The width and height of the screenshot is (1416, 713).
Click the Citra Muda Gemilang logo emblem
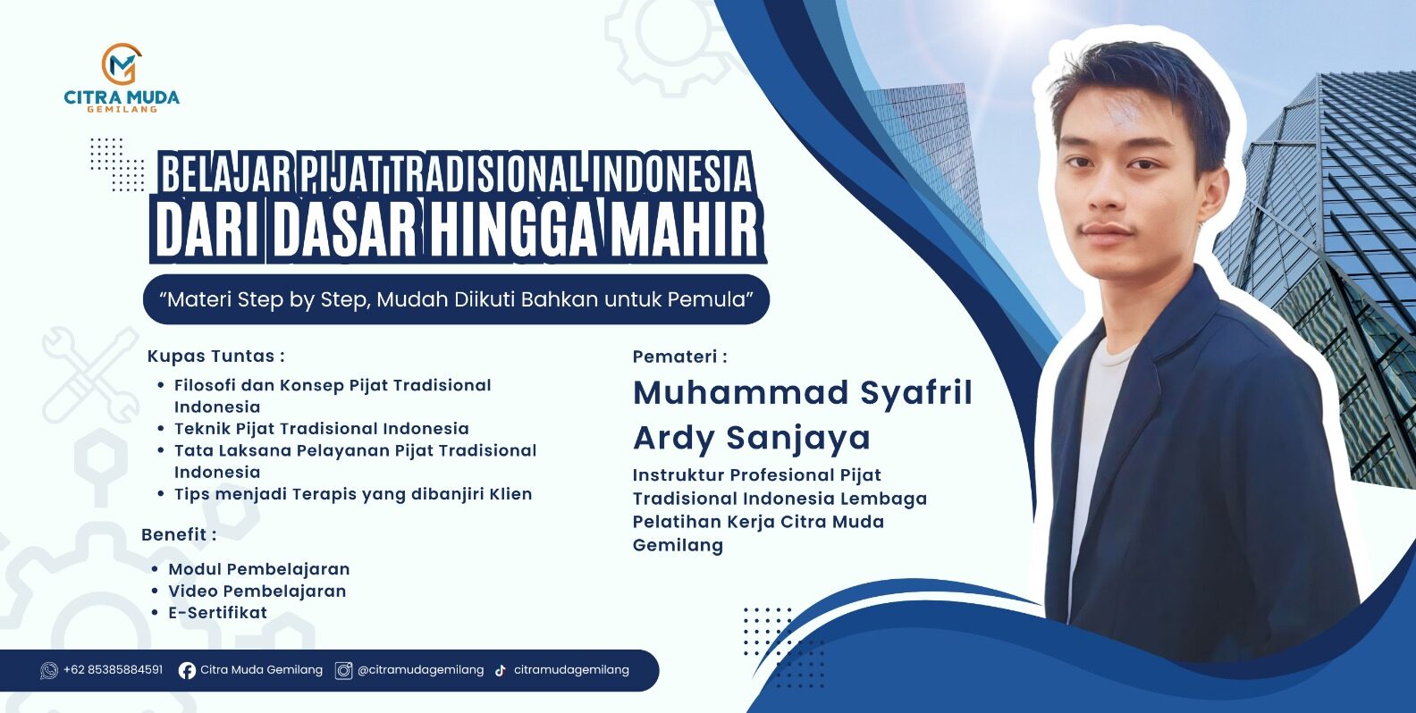[122, 63]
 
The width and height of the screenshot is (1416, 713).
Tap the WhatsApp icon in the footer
[48, 670]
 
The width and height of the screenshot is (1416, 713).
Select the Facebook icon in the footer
[187, 670]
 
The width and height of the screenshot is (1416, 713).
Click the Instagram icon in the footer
[343, 670]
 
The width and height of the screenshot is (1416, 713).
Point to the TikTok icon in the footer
[500, 670]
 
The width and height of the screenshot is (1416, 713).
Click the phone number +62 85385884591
[114, 669]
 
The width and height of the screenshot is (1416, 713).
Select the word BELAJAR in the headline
[225, 173]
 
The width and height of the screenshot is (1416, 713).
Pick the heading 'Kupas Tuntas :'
[216, 356]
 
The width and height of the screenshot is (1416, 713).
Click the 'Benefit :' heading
[179, 534]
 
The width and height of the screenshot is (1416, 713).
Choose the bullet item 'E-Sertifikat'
[217, 613]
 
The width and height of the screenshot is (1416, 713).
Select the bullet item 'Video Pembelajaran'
[257, 591]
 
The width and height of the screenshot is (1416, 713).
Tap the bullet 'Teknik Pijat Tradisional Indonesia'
[322, 429]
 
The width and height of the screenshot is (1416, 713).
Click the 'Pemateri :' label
[680, 356]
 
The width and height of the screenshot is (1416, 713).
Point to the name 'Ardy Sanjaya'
[752, 438]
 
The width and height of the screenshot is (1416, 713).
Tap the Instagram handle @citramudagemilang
[420, 670]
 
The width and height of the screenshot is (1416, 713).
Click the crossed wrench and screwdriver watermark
[90, 375]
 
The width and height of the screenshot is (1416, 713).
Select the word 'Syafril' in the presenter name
[916, 394]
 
